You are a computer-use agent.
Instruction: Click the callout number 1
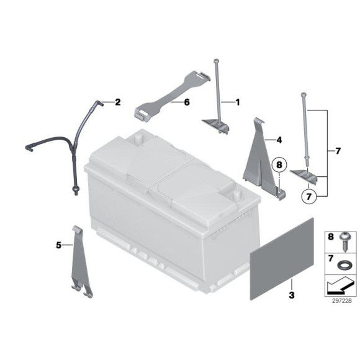(x=238, y=102)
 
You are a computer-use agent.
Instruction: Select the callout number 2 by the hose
(x=117, y=102)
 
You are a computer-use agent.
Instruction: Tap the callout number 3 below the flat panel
(x=292, y=295)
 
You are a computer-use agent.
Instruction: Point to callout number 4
(x=279, y=140)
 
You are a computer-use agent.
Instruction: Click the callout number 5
(x=59, y=245)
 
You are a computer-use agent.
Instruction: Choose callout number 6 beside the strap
(x=187, y=102)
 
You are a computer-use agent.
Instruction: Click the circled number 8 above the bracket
(x=279, y=164)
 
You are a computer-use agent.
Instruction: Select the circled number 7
(x=309, y=197)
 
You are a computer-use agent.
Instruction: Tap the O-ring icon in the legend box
(x=344, y=265)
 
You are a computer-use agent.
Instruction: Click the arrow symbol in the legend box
(x=339, y=286)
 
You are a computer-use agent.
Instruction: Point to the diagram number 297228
(x=342, y=301)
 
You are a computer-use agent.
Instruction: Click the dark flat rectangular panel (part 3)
(x=282, y=259)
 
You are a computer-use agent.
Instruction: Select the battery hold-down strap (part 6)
(x=172, y=95)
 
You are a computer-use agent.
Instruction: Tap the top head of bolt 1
(x=217, y=61)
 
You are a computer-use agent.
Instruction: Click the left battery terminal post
(x=138, y=138)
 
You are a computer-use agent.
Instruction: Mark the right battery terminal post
(x=236, y=196)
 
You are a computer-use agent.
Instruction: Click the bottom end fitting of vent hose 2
(x=75, y=191)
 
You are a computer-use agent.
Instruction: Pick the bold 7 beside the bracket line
(x=338, y=151)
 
